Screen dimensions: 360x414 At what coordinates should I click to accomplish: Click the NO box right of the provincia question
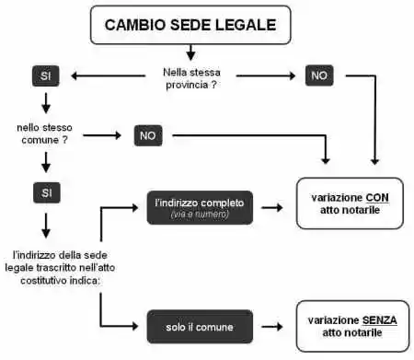point(319,75)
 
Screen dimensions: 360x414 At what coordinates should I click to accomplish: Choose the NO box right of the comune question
point(147,135)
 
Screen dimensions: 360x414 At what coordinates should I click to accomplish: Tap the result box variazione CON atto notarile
point(350,203)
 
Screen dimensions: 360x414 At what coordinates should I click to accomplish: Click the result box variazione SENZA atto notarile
point(350,325)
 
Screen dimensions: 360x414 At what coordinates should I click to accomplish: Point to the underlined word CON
point(377,197)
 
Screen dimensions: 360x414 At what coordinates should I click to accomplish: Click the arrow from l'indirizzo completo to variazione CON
point(271,207)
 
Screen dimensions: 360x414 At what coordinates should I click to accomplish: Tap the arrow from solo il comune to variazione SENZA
point(271,326)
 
